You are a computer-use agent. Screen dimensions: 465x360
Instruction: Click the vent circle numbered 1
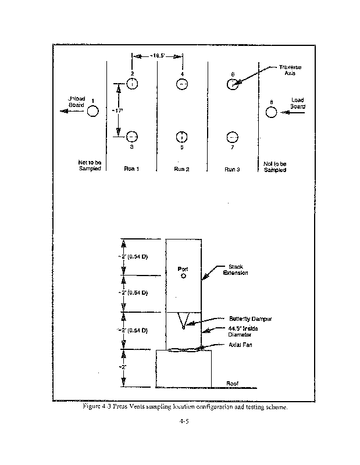[93, 111]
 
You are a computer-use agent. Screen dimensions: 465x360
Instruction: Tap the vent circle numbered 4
[182, 84]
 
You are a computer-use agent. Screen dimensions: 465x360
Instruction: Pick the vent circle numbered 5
[182, 137]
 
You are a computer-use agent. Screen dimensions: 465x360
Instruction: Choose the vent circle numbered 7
[232, 137]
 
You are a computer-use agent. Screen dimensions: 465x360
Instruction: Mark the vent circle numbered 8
[272, 112]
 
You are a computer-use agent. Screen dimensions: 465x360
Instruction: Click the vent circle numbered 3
[132, 137]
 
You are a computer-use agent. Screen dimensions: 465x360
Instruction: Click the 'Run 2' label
[182, 169]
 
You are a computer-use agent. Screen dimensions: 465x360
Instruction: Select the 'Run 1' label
[131, 169]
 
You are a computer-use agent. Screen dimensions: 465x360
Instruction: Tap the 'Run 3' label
[232, 169]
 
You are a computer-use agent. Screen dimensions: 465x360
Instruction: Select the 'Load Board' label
[297, 103]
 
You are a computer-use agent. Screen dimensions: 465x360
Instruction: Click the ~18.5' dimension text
[158, 56]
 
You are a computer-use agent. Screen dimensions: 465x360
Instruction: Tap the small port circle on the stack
[183, 277]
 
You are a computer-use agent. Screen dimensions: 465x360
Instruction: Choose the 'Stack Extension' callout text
[236, 270]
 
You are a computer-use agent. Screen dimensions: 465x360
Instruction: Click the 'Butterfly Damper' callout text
[249, 319]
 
